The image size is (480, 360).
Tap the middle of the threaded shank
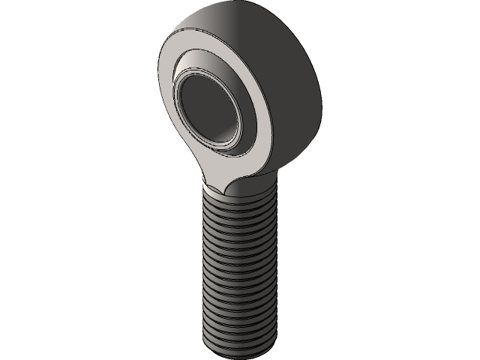[238, 270]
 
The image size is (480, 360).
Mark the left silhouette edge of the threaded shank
[203, 270]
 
